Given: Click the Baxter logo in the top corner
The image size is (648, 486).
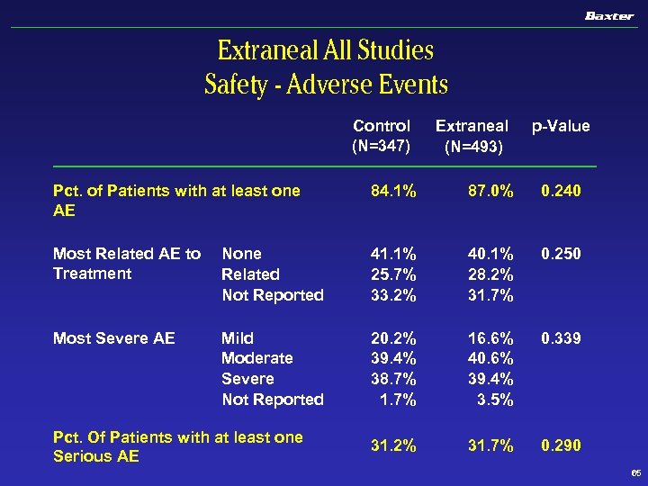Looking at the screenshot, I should tap(609, 15).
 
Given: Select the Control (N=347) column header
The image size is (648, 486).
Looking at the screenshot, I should tap(382, 135).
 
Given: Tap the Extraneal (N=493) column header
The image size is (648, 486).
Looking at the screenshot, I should tap(472, 135).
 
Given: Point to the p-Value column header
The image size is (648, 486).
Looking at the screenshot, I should tap(561, 126).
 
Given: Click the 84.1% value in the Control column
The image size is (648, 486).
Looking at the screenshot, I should tap(394, 191).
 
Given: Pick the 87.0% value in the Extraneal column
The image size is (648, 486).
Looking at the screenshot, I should tap(490, 191).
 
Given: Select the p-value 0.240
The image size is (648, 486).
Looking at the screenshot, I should tap(561, 191).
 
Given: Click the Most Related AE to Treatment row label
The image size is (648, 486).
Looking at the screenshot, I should tap(127, 264).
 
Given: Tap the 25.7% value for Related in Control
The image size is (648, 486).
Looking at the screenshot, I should tap(394, 274).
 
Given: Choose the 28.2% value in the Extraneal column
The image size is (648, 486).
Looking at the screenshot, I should tap(490, 274).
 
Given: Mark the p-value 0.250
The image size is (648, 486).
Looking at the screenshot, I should tap(561, 254).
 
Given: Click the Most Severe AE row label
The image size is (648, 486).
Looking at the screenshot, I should tap(113, 338).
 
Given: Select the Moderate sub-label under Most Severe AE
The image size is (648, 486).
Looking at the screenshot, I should tap(257, 358).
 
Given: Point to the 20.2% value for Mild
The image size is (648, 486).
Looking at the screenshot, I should tap(394, 338).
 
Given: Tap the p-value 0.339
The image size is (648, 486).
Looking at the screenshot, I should tap(561, 338).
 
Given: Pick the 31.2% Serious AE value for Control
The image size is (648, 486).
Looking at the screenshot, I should tap(394, 445).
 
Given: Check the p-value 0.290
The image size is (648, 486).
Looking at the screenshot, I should tap(561, 445).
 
